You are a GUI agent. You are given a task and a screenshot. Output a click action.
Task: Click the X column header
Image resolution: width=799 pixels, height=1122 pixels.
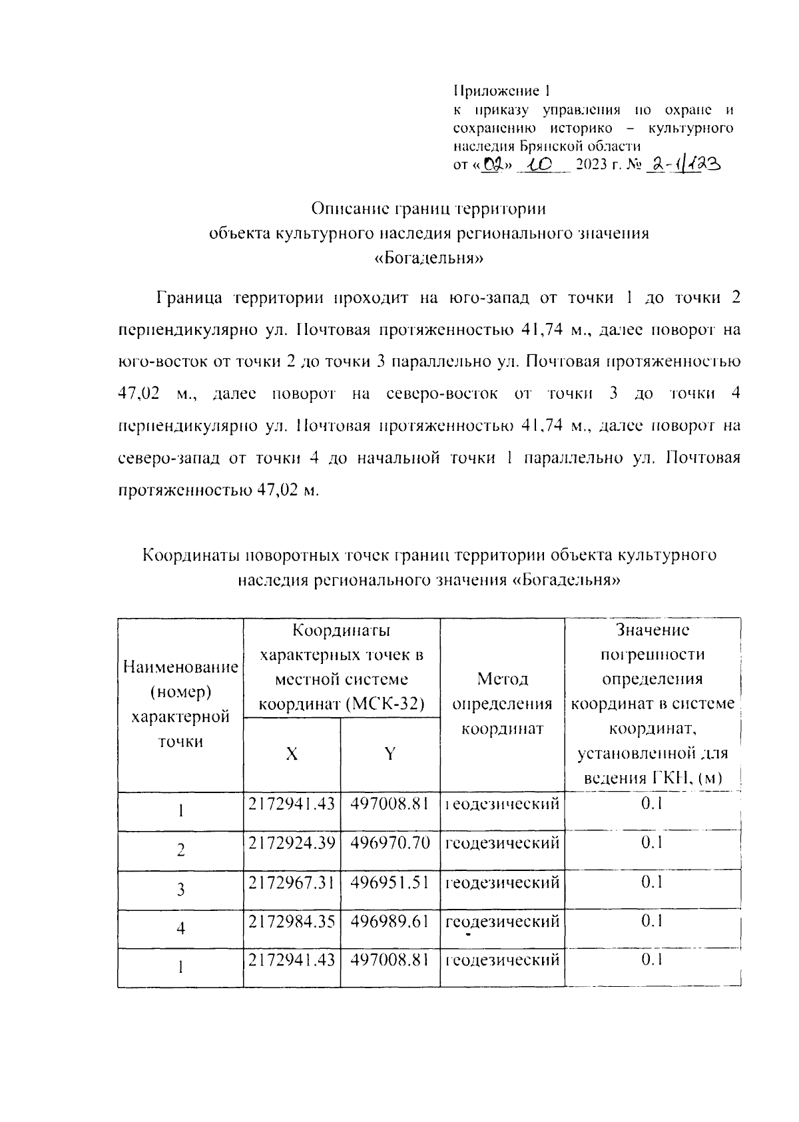pos(292,754)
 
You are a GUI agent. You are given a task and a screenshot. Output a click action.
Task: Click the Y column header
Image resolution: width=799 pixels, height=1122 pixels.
pos(390,754)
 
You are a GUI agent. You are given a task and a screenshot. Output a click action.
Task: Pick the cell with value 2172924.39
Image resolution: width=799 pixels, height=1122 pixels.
pos(292,843)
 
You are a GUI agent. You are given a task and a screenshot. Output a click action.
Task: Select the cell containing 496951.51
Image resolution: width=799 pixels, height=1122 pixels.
pos(390,882)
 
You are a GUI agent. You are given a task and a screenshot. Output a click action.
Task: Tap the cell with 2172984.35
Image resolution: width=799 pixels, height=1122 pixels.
pos(292,922)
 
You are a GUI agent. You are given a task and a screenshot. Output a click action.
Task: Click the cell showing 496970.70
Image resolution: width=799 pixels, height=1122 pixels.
pos(390,843)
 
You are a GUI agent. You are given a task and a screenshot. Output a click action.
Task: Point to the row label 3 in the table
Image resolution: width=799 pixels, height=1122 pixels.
pos(180,890)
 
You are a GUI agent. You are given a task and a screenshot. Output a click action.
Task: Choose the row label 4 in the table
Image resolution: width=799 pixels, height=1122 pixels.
pos(180,929)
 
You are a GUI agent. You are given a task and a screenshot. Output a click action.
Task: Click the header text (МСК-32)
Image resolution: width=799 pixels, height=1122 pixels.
pos(386,704)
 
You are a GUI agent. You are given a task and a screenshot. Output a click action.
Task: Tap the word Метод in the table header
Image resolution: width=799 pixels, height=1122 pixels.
pos(502,679)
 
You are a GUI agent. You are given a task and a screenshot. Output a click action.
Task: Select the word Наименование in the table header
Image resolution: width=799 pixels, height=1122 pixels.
pos(180,667)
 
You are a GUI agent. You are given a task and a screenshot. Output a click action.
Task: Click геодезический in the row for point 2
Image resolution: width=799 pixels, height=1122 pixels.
pos(502,843)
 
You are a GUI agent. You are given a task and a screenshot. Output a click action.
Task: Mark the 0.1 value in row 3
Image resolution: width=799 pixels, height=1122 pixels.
pos(652,882)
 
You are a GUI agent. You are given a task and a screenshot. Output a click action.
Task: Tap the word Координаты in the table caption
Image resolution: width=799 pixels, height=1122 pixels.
pos(191,555)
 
